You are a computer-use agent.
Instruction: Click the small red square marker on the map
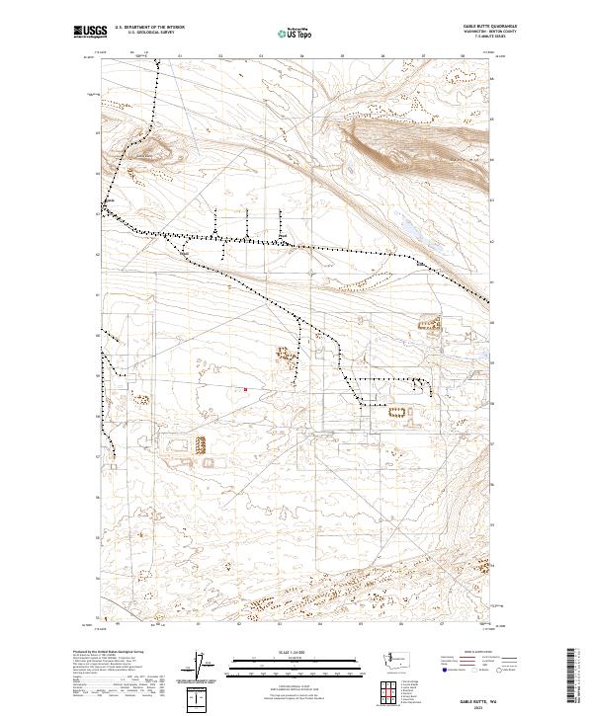point(245,389)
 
